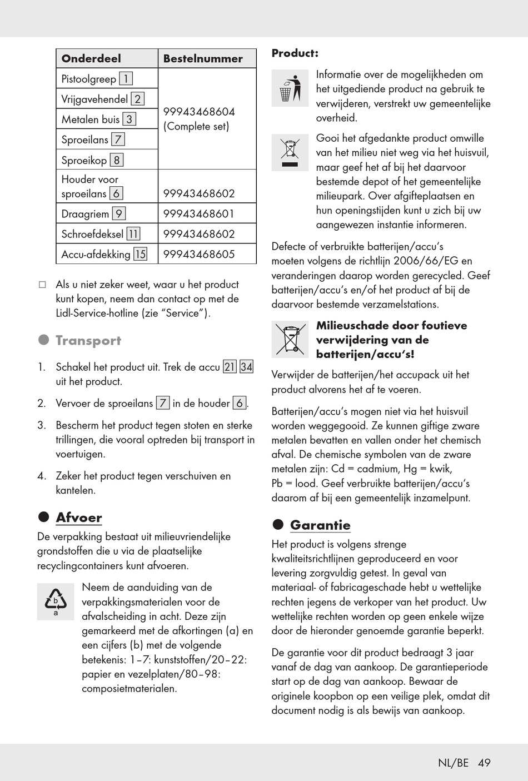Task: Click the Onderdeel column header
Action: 91,58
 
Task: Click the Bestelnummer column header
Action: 203,58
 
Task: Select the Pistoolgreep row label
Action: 89,79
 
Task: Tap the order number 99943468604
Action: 199,112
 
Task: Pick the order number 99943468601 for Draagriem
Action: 199,214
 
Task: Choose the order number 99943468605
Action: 199,254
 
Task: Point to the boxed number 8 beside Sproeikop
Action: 116,160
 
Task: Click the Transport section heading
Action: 88,341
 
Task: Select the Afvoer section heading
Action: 79,518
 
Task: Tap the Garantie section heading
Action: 320,525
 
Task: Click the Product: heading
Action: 295,53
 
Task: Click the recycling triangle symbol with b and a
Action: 56,601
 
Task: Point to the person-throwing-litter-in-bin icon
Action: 290,88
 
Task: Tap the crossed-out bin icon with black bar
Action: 290,152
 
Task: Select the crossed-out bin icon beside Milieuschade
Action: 290,339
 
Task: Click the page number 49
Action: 484,763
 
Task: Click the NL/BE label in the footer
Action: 453,763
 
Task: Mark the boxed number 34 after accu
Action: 246,367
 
